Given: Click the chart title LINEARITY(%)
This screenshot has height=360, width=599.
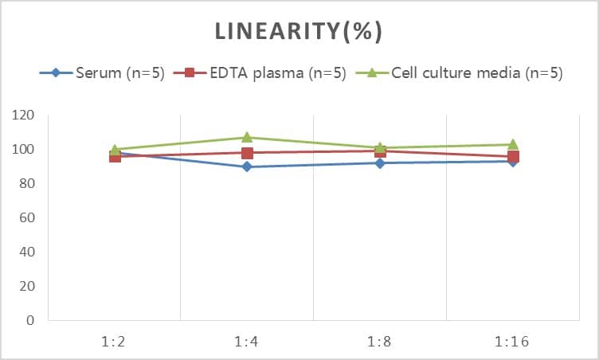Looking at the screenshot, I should [x=299, y=31].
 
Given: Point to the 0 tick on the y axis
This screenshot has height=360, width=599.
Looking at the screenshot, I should [x=29, y=321].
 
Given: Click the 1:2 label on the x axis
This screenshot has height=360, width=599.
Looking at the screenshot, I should [x=115, y=342].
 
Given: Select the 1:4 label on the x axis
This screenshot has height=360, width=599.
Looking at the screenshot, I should [x=247, y=342].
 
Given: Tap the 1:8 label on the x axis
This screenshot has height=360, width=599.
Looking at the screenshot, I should [x=380, y=342].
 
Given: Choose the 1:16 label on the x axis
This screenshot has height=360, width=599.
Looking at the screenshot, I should [x=512, y=342].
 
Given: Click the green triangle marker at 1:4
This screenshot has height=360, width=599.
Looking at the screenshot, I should [x=247, y=137].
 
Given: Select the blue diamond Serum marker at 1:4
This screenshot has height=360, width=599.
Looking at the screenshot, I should [x=247, y=166].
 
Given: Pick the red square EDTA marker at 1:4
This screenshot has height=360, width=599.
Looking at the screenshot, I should [x=247, y=153].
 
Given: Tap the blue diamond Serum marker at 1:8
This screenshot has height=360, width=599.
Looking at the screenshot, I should [x=380, y=163].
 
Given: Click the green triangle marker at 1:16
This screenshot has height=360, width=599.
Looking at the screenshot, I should [x=512, y=144].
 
